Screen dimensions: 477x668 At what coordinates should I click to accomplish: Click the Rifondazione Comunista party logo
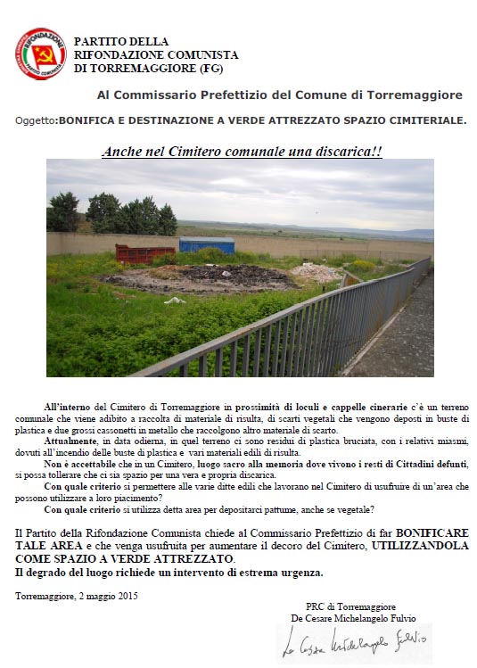click(x=41, y=54)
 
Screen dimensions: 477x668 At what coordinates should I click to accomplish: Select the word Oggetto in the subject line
click(x=36, y=120)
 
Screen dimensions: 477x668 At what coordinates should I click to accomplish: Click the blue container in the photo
click(x=207, y=244)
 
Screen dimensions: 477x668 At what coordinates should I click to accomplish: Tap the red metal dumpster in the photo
click(x=145, y=253)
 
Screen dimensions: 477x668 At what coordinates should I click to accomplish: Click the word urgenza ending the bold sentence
click(x=300, y=572)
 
